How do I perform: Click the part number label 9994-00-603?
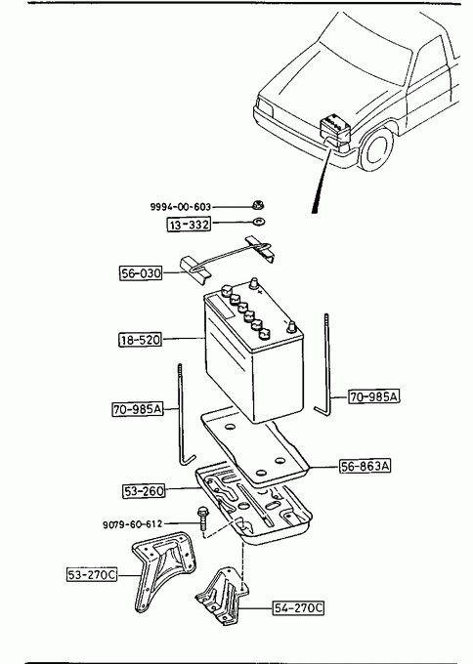pos(181,207)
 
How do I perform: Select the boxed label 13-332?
pos(189,224)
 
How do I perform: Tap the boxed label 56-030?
pos(141,273)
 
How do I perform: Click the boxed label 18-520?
pos(141,340)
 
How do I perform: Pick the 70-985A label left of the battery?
pos(138,409)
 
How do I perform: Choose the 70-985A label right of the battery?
pos(374,396)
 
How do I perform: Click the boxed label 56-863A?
pos(365,466)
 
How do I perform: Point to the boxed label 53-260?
pos(144,491)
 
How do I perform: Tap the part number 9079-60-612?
pos(132,524)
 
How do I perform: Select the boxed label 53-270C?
pos(92,574)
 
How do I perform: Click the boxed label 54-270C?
pos(298,608)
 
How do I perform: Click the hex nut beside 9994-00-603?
pos(257,206)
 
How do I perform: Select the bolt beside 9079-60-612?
pos(202,518)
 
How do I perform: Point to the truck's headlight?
pos(264,105)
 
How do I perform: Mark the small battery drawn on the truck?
pos(335,128)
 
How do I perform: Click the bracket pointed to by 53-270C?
pos(163,569)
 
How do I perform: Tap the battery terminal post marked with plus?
pos(253,283)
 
